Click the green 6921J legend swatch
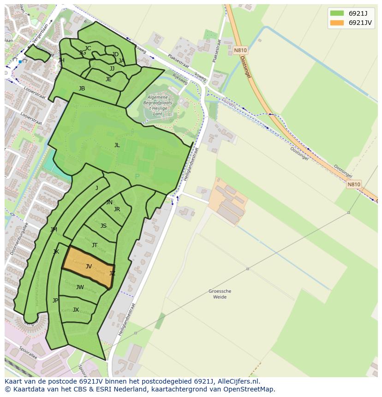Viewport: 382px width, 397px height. click(337, 13)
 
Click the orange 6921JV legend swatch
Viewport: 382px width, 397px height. click(337, 23)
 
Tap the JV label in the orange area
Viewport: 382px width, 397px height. click(89, 266)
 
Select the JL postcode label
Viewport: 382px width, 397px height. click(117, 145)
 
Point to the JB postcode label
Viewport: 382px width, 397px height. click(82, 89)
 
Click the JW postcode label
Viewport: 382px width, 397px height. click(80, 287)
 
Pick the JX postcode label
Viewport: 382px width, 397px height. click(76, 310)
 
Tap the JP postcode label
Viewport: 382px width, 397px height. click(55, 301)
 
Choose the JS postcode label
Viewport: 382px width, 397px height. click(103, 226)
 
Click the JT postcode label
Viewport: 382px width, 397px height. click(95, 245)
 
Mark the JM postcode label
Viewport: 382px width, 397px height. click(54, 230)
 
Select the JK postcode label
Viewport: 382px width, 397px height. click(56, 252)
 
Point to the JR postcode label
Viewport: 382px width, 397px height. click(117, 209)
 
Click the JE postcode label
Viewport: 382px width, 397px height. click(108, 79)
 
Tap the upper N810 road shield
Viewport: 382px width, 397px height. click(240, 50)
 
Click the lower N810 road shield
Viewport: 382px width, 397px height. click(354, 184)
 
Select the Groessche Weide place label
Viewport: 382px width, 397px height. click(220, 294)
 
